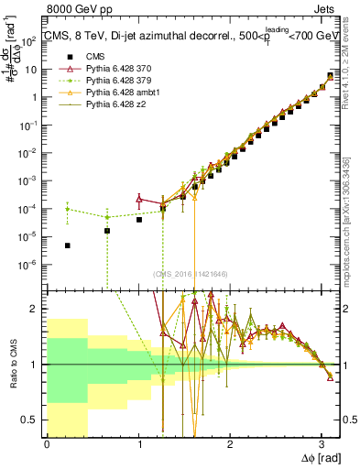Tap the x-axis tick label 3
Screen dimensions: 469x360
(321, 443)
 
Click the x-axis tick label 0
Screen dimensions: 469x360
(47, 443)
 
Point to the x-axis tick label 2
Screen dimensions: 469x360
(230, 443)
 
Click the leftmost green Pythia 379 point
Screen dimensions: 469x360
(68, 209)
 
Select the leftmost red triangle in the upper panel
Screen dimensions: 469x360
(139, 198)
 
